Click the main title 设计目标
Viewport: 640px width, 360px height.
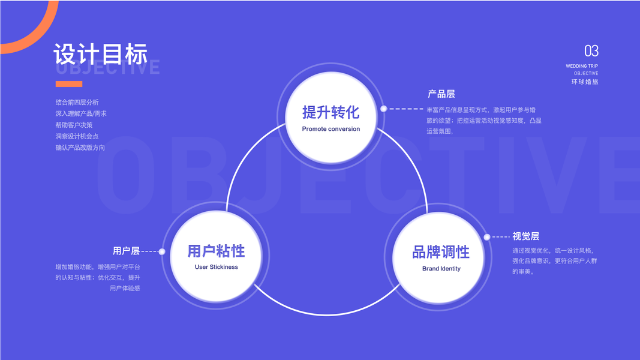pyautogui.click(x=100, y=54)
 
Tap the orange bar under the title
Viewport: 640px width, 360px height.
pyautogui.click(x=68, y=84)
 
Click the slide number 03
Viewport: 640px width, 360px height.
pyautogui.click(x=591, y=51)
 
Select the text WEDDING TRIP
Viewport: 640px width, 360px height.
pyautogui.click(x=581, y=66)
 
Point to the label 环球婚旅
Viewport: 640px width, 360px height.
pyautogui.click(x=585, y=82)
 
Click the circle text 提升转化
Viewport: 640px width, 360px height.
pyautogui.click(x=330, y=112)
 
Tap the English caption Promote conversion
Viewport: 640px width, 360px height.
pyautogui.click(x=331, y=129)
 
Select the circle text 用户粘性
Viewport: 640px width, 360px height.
pyautogui.click(x=216, y=251)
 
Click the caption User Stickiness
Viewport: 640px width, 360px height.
pyautogui.click(x=216, y=267)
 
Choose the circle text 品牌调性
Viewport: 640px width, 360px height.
pyautogui.click(x=441, y=252)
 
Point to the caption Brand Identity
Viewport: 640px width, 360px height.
pyautogui.click(x=441, y=269)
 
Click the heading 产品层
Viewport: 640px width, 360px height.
pyautogui.click(x=441, y=94)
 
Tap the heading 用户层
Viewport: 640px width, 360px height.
pyautogui.click(x=126, y=251)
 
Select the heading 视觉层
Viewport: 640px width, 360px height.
pyautogui.click(x=525, y=236)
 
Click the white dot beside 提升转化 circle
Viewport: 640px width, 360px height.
pyautogui.click(x=383, y=109)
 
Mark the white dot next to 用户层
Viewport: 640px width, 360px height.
pyautogui.click(x=162, y=251)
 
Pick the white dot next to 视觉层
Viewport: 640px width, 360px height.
pyautogui.click(x=487, y=237)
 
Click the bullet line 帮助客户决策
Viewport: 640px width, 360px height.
pyautogui.click(x=74, y=125)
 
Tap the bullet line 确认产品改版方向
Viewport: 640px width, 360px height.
pyautogui.click(x=80, y=148)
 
